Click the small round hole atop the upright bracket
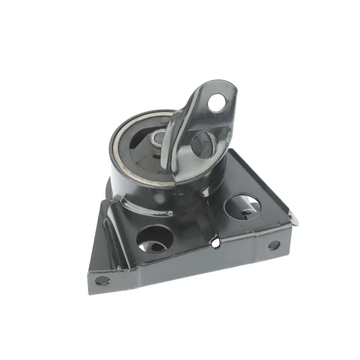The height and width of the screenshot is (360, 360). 217,102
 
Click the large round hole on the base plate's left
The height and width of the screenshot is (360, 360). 155,239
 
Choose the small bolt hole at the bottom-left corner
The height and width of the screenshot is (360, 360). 103,279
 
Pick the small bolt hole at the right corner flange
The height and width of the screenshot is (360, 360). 274,246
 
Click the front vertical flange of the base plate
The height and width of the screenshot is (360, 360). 187,266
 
